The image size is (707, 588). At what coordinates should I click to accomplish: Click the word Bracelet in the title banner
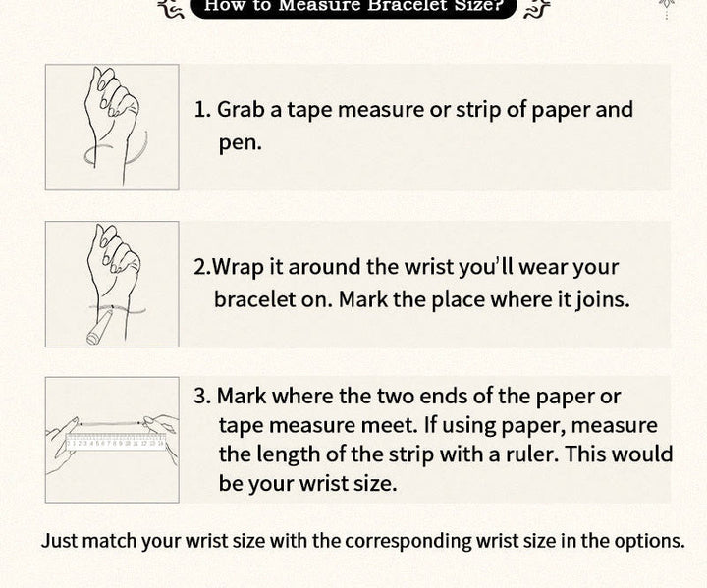(409, 6)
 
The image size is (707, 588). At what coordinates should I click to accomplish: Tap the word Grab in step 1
(241, 110)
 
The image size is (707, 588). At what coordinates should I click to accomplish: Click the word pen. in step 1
(241, 144)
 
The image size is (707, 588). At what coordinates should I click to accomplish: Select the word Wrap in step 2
(238, 267)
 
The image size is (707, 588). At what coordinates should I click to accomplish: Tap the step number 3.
(202, 396)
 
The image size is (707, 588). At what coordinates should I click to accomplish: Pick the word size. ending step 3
(375, 483)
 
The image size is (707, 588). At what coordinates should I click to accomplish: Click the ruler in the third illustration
(116, 442)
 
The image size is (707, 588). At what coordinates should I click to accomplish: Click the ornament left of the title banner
(172, 8)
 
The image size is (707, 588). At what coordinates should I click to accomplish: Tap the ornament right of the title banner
(536, 8)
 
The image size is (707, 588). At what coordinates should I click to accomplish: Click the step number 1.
(202, 110)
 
